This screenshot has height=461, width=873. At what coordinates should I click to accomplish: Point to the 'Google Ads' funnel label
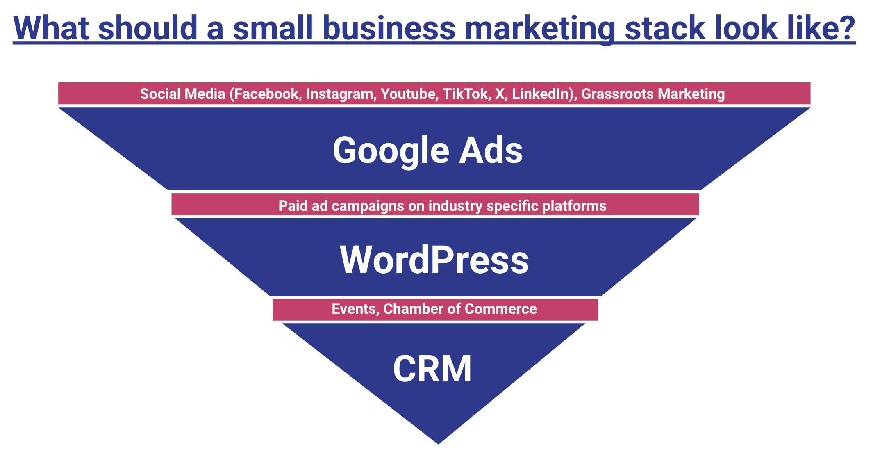[427, 151]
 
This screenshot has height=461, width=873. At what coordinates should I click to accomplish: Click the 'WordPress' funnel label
[434, 260]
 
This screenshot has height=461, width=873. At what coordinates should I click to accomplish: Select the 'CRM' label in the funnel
[432, 368]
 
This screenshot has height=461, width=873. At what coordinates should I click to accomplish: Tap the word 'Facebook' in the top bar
[266, 94]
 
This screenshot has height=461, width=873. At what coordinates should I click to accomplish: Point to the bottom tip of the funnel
[439, 444]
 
